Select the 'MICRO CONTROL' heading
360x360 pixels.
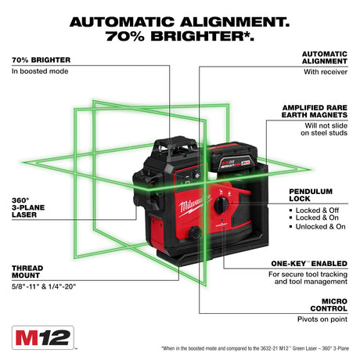click(x=326, y=304)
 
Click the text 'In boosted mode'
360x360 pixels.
click(x=41, y=71)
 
